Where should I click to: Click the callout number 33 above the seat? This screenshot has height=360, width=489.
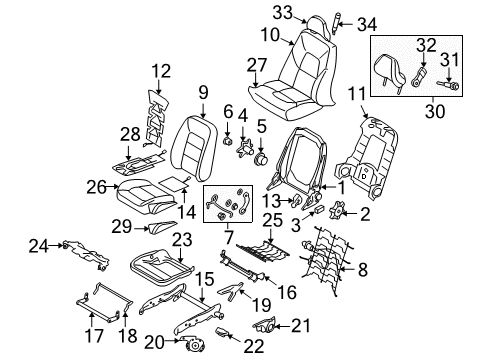[x=281, y=12]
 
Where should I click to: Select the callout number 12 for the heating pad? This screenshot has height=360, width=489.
[x=162, y=70]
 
